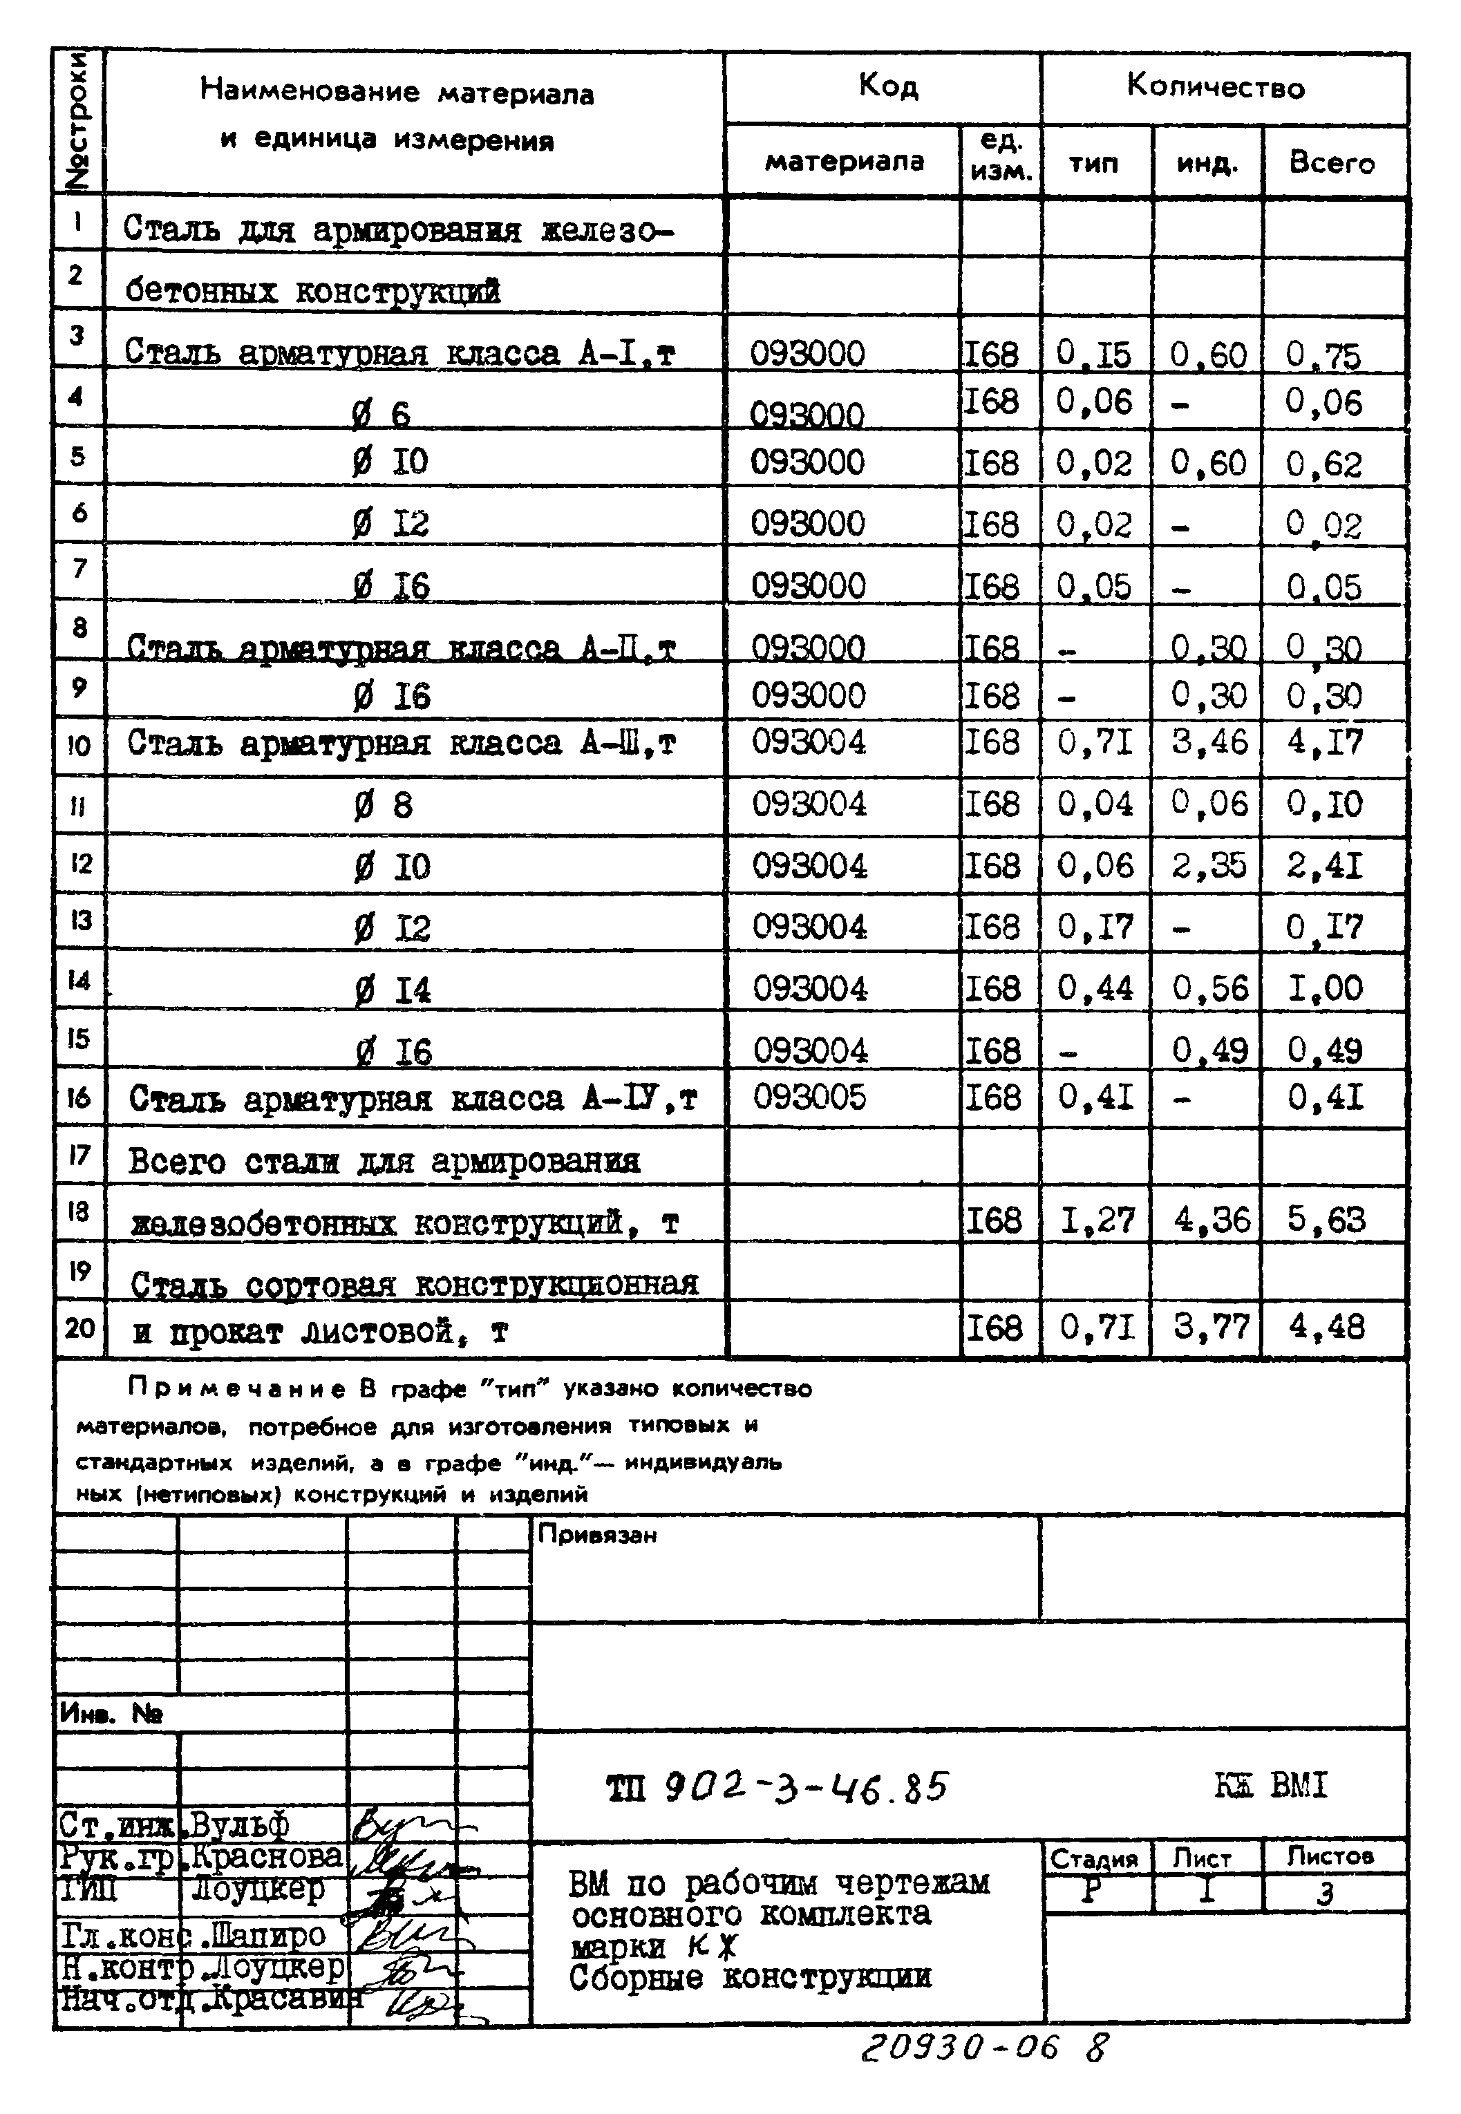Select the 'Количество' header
pos(1215,88)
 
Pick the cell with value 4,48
pos(1326,1326)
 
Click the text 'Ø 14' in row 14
pos(392,990)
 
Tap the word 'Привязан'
pos(597,1536)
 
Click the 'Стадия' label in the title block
pos(1094,1859)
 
